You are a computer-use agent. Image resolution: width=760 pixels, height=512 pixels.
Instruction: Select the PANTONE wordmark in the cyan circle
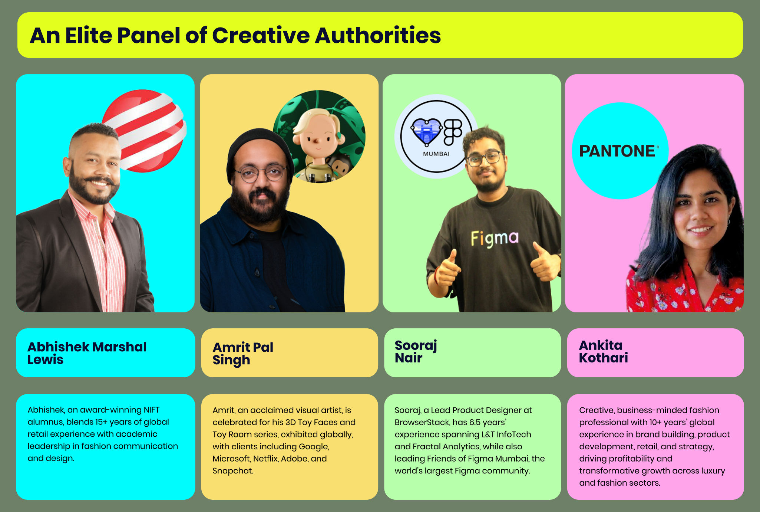[x=617, y=151]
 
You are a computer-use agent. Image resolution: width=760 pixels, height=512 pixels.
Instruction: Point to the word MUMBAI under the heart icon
[x=436, y=154]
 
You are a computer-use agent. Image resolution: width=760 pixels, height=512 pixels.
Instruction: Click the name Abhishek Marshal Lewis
[x=87, y=353]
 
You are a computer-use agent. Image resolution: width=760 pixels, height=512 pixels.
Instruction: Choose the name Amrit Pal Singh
[x=243, y=354]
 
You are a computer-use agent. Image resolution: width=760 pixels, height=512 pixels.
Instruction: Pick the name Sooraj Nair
[x=416, y=351]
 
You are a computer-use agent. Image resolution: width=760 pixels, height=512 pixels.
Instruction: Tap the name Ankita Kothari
[x=604, y=351]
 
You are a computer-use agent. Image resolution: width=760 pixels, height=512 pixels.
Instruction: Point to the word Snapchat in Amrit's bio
[x=233, y=471]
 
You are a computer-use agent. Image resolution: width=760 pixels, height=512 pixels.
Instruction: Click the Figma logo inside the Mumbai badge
[x=453, y=132]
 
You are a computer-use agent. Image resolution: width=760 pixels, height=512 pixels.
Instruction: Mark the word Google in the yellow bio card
[x=314, y=447]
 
